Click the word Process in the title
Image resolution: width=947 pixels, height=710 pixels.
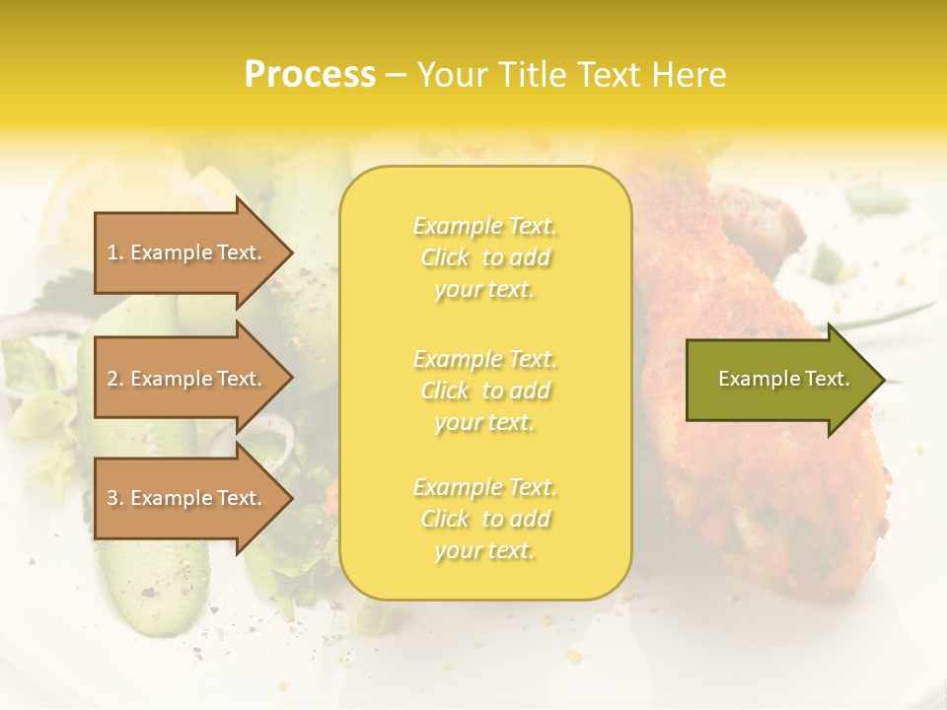[x=310, y=75]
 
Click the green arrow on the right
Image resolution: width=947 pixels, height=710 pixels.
[x=779, y=380]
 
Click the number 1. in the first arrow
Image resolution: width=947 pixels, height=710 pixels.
[x=115, y=252]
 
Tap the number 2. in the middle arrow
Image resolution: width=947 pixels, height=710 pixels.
[x=115, y=379]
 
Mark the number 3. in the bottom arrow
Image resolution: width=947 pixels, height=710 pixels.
[x=115, y=498]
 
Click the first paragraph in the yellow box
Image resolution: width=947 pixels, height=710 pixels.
[x=484, y=257]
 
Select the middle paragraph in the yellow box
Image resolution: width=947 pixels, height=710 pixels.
[x=484, y=390]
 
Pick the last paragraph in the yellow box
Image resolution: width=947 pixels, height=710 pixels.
[x=484, y=519]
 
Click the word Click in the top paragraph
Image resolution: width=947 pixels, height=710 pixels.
[x=445, y=257]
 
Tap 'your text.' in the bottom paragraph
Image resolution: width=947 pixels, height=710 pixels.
[x=484, y=550]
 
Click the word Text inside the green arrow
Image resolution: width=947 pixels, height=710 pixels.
[x=827, y=379]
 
